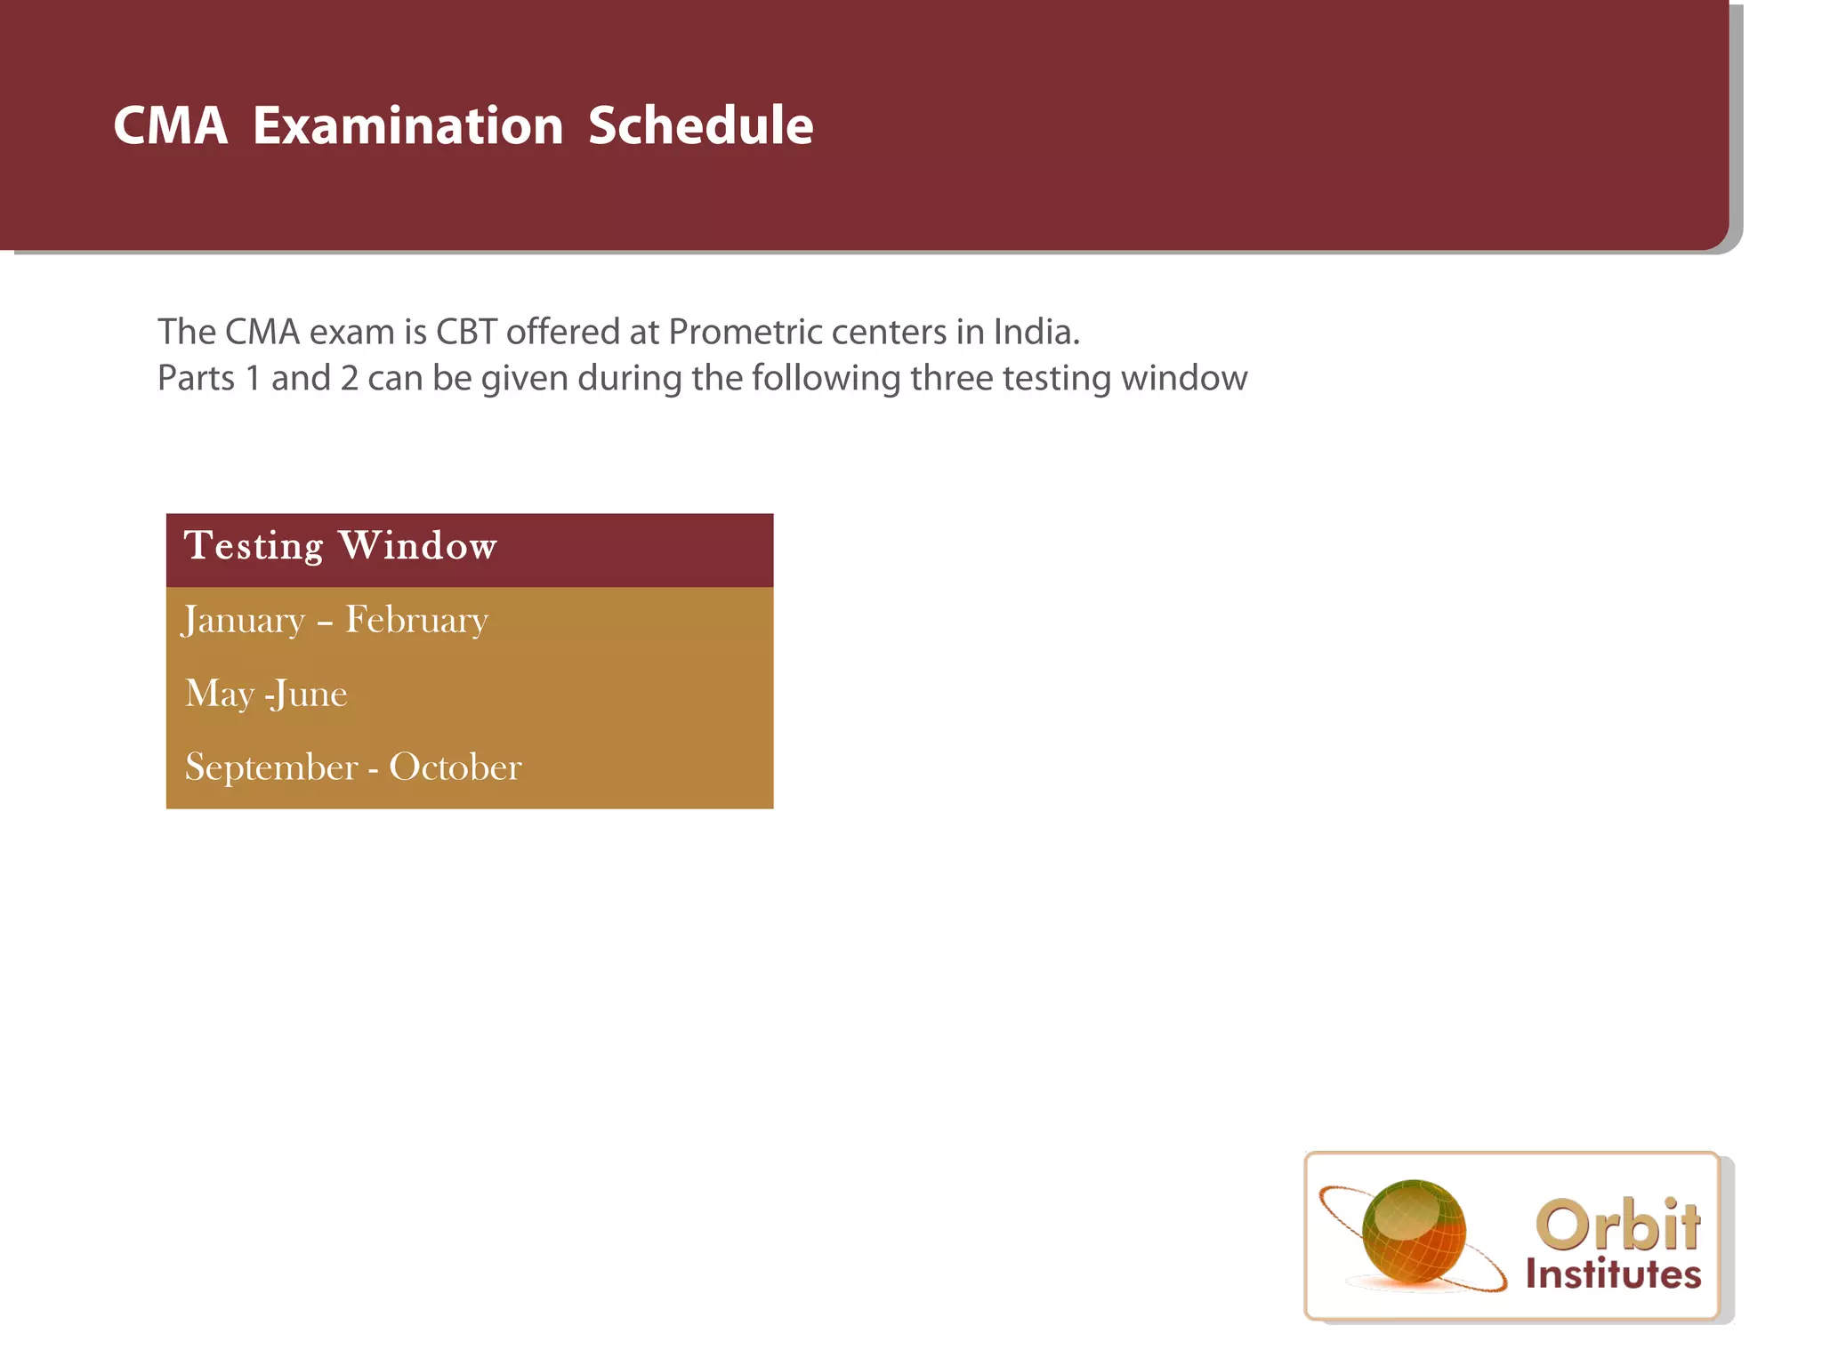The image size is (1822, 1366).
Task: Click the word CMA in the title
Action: (170, 125)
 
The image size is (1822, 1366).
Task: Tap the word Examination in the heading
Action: (407, 125)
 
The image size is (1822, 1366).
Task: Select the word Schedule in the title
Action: (700, 125)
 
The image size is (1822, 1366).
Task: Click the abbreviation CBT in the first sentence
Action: (465, 333)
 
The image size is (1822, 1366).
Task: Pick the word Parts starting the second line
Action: (196, 379)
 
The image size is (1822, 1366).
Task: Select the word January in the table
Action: (244, 621)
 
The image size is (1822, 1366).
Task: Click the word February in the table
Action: (416, 621)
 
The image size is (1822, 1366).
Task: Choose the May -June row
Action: (266, 695)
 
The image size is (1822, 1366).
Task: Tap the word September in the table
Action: (271, 767)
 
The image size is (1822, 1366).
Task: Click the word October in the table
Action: (455, 767)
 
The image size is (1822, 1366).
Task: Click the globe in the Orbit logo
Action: (1414, 1232)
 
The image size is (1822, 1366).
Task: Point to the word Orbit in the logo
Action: (1617, 1225)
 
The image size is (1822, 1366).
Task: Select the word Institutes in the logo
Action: (1613, 1274)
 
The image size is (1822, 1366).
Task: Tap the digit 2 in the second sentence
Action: (350, 379)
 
